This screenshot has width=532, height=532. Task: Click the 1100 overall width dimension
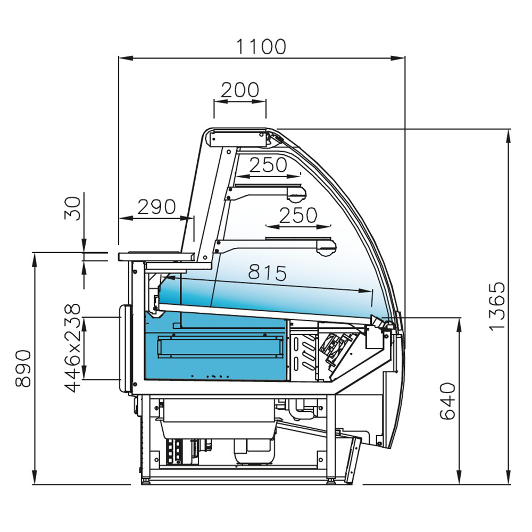tap(261, 47)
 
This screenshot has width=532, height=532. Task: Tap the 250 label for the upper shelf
tap(268, 165)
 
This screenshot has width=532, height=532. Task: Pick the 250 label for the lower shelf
tap(298, 215)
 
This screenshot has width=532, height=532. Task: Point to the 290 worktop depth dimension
tap(156, 206)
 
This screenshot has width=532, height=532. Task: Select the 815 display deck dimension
tap(268, 273)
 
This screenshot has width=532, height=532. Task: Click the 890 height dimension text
tap(23, 368)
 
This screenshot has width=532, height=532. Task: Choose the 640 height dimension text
tap(448, 401)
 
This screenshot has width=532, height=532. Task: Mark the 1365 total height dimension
tap(497, 306)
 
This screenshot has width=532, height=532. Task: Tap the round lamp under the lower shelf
tap(326, 248)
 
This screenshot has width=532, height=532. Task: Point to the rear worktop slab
tap(156, 256)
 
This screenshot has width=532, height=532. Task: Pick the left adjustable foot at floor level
tap(145, 481)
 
